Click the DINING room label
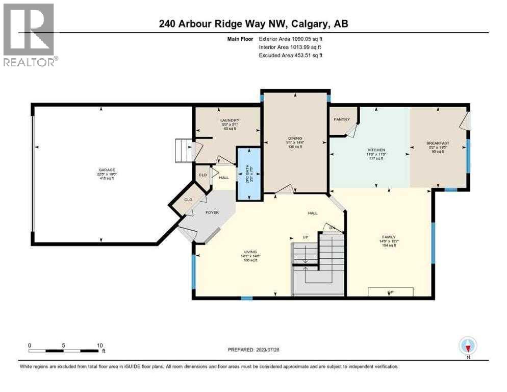click(x=295, y=138)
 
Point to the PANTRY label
click(x=341, y=119)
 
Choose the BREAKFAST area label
click(x=437, y=143)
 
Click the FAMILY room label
click(x=389, y=237)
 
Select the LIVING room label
click(x=250, y=252)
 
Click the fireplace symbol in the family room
click(x=391, y=291)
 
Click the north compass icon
click(x=468, y=346)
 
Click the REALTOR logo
click(x=29, y=35)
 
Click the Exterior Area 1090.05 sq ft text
click(x=291, y=38)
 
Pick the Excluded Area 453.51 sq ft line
click(x=291, y=56)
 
